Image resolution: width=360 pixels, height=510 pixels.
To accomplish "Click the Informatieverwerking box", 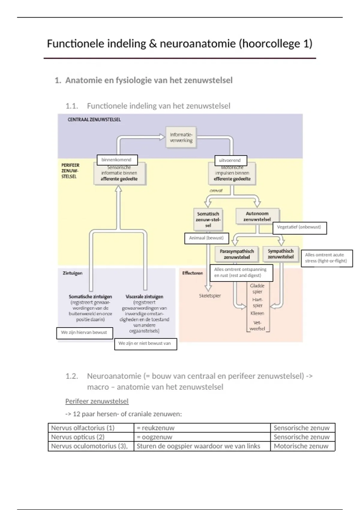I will pos(181,137).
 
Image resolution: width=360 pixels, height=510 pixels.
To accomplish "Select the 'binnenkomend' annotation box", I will pos(117,160).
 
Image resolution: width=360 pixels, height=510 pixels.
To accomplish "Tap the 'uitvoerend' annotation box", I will pos(230,160).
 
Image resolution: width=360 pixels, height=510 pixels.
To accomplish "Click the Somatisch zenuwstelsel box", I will pos(208,219).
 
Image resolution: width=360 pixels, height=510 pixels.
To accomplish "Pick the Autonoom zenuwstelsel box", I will pos(257,216).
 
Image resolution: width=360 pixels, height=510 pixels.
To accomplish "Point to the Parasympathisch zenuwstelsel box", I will pos(237,254).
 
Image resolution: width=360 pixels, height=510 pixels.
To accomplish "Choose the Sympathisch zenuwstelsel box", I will pos(280,254).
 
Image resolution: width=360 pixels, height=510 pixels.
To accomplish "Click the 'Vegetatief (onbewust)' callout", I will pos(299,228).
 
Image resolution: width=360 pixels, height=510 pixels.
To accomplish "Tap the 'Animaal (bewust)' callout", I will pos(206,238).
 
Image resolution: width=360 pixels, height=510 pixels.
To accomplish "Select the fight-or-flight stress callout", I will pos(326,258).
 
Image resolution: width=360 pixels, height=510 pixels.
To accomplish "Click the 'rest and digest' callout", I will pos(241,273).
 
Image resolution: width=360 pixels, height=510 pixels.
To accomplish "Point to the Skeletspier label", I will pos(210,296).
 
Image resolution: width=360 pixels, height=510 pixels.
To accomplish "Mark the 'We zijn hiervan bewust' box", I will pos(84,333).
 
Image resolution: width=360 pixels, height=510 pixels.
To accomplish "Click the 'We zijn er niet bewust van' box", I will pos(145,344).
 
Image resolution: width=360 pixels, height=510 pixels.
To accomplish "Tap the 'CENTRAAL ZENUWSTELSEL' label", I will pos(94,120).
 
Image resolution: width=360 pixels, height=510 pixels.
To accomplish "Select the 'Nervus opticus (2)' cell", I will pos(91,437).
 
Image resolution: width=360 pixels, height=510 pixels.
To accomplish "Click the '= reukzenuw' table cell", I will pos(202,428).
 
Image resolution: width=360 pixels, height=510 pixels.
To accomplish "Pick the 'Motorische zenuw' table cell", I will pos(302,446).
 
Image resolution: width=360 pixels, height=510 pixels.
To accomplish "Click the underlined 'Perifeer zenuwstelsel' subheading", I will pos(97,401).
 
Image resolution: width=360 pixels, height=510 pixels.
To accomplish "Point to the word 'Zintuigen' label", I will pos(72,273).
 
